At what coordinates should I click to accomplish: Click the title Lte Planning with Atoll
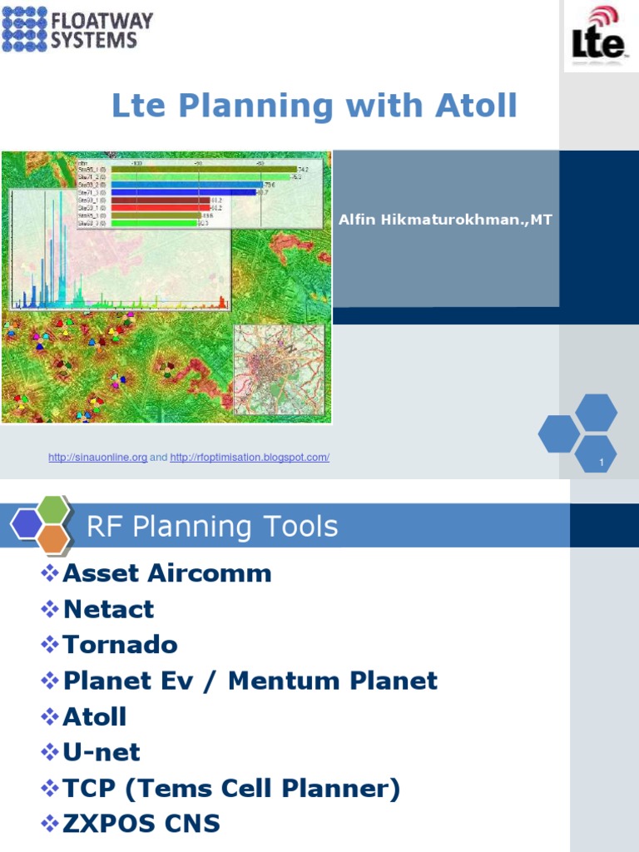315,106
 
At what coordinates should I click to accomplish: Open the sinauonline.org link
97,458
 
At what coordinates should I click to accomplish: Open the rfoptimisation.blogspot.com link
250,458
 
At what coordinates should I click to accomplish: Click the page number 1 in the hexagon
601,462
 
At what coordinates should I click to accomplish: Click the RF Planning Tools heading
212,527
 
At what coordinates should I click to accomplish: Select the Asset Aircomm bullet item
166,573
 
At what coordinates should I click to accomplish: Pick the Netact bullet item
108,609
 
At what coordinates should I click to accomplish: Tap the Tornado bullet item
120,645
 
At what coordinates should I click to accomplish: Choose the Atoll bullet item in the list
95,716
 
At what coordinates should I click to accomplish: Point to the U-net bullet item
102,752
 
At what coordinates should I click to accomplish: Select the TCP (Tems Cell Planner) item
231,788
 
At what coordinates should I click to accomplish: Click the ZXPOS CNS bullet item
141,824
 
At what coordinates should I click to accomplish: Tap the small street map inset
279,369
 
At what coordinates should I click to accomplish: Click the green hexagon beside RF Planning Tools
53,508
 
